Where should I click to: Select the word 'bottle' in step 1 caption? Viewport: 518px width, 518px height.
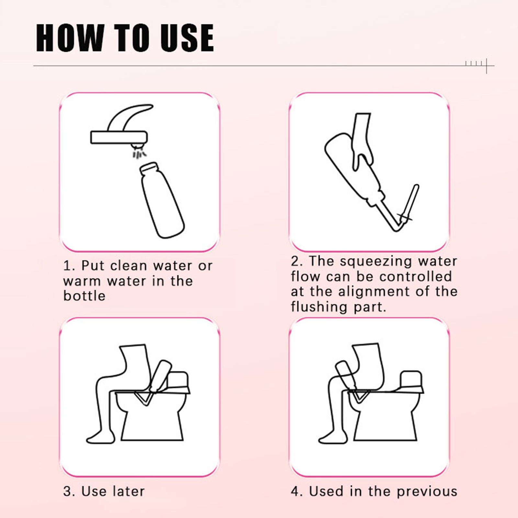pyautogui.click(x=84, y=296)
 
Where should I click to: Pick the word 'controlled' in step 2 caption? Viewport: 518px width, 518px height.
pyautogui.click(x=415, y=276)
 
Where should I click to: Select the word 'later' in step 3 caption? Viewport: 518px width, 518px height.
pyautogui.click(x=129, y=491)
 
